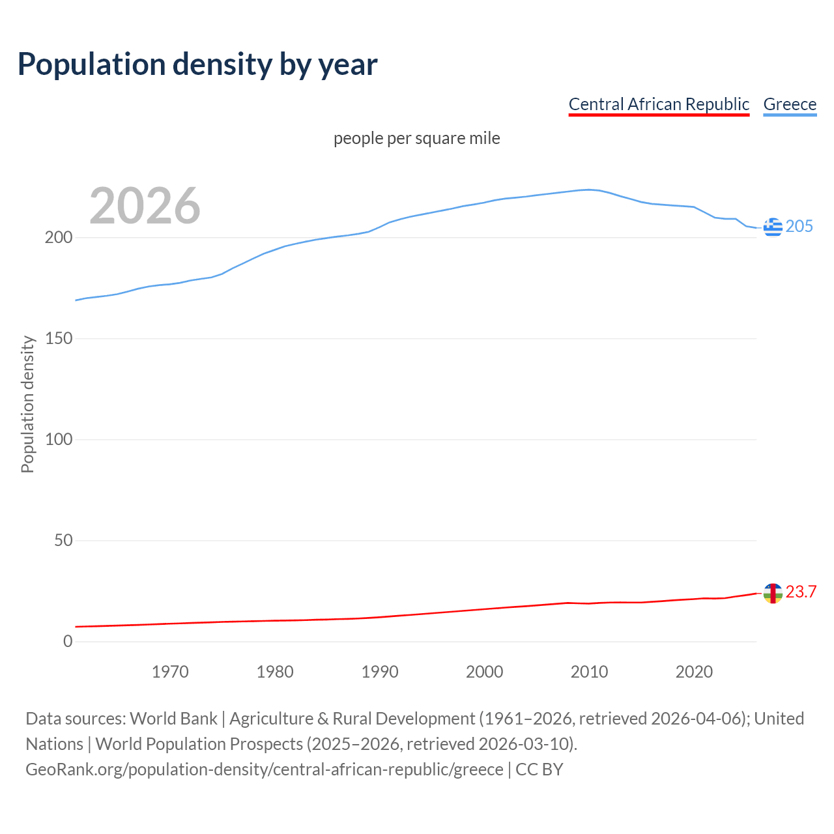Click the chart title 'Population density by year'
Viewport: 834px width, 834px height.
(197, 65)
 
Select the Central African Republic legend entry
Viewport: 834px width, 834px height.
(659, 104)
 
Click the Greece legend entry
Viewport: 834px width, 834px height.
(790, 104)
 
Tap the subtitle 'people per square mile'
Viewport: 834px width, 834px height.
(417, 139)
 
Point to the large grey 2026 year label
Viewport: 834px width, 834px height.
(145, 206)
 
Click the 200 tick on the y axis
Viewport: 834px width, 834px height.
(58, 238)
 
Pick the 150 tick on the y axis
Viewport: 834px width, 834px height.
(58, 339)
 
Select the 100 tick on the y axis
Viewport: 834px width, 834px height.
(58, 440)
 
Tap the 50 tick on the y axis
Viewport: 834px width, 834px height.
(63, 541)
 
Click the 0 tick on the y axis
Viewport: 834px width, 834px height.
(68, 642)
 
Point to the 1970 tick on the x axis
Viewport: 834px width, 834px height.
(170, 672)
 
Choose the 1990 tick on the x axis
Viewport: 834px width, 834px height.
(380, 672)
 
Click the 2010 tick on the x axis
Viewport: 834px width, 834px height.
(589, 672)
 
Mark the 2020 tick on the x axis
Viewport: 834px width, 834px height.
(694, 672)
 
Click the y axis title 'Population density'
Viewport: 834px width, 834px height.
(27, 404)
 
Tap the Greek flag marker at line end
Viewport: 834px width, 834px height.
(773, 227)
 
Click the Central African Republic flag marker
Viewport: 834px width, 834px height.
(773, 593)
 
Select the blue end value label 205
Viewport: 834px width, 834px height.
(799, 227)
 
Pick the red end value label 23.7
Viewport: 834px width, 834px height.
(801, 592)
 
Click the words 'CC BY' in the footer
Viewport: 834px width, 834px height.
(539, 769)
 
